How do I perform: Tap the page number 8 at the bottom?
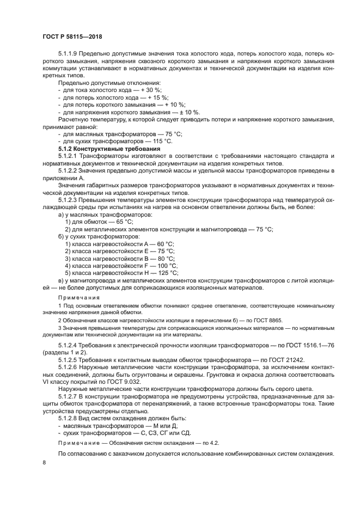coord(44,462)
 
